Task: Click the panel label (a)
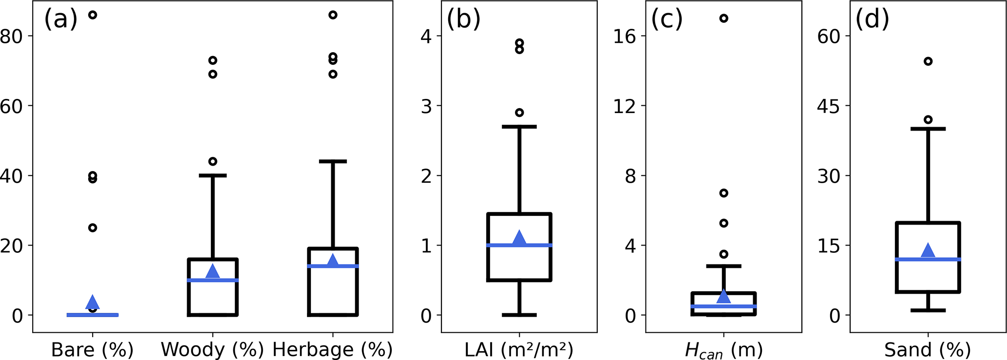pyautogui.click(x=61, y=20)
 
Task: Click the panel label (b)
pyautogui.click(x=463, y=20)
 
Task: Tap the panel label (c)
pyautogui.click(x=667, y=20)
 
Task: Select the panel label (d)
pyautogui.click(x=872, y=20)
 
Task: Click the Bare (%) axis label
pyautogui.click(x=92, y=350)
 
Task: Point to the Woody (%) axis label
pyautogui.click(x=212, y=350)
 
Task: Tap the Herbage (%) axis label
pyautogui.click(x=332, y=350)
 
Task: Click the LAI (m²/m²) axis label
pyautogui.click(x=519, y=350)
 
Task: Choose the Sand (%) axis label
pyautogui.click(x=928, y=350)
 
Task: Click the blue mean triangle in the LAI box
pyautogui.click(x=519, y=238)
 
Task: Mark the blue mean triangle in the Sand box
pyautogui.click(x=928, y=250)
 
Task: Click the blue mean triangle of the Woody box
pyautogui.click(x=213, y=271)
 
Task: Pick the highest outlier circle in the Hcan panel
pyautogui.click(x=723, y=19)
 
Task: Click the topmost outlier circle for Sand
pyautogui.click(x=928, y=61)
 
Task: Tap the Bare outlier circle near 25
pyautogui.click(x=93, y=227)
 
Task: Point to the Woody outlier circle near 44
pyautogui.click(x=213, y=161)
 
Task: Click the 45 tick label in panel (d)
pyautogui.click(x=829, y=106)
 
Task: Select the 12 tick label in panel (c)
pyautogui.click(x=625, y=106)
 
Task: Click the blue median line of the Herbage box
pyautogui.click(x=333, y=266)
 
